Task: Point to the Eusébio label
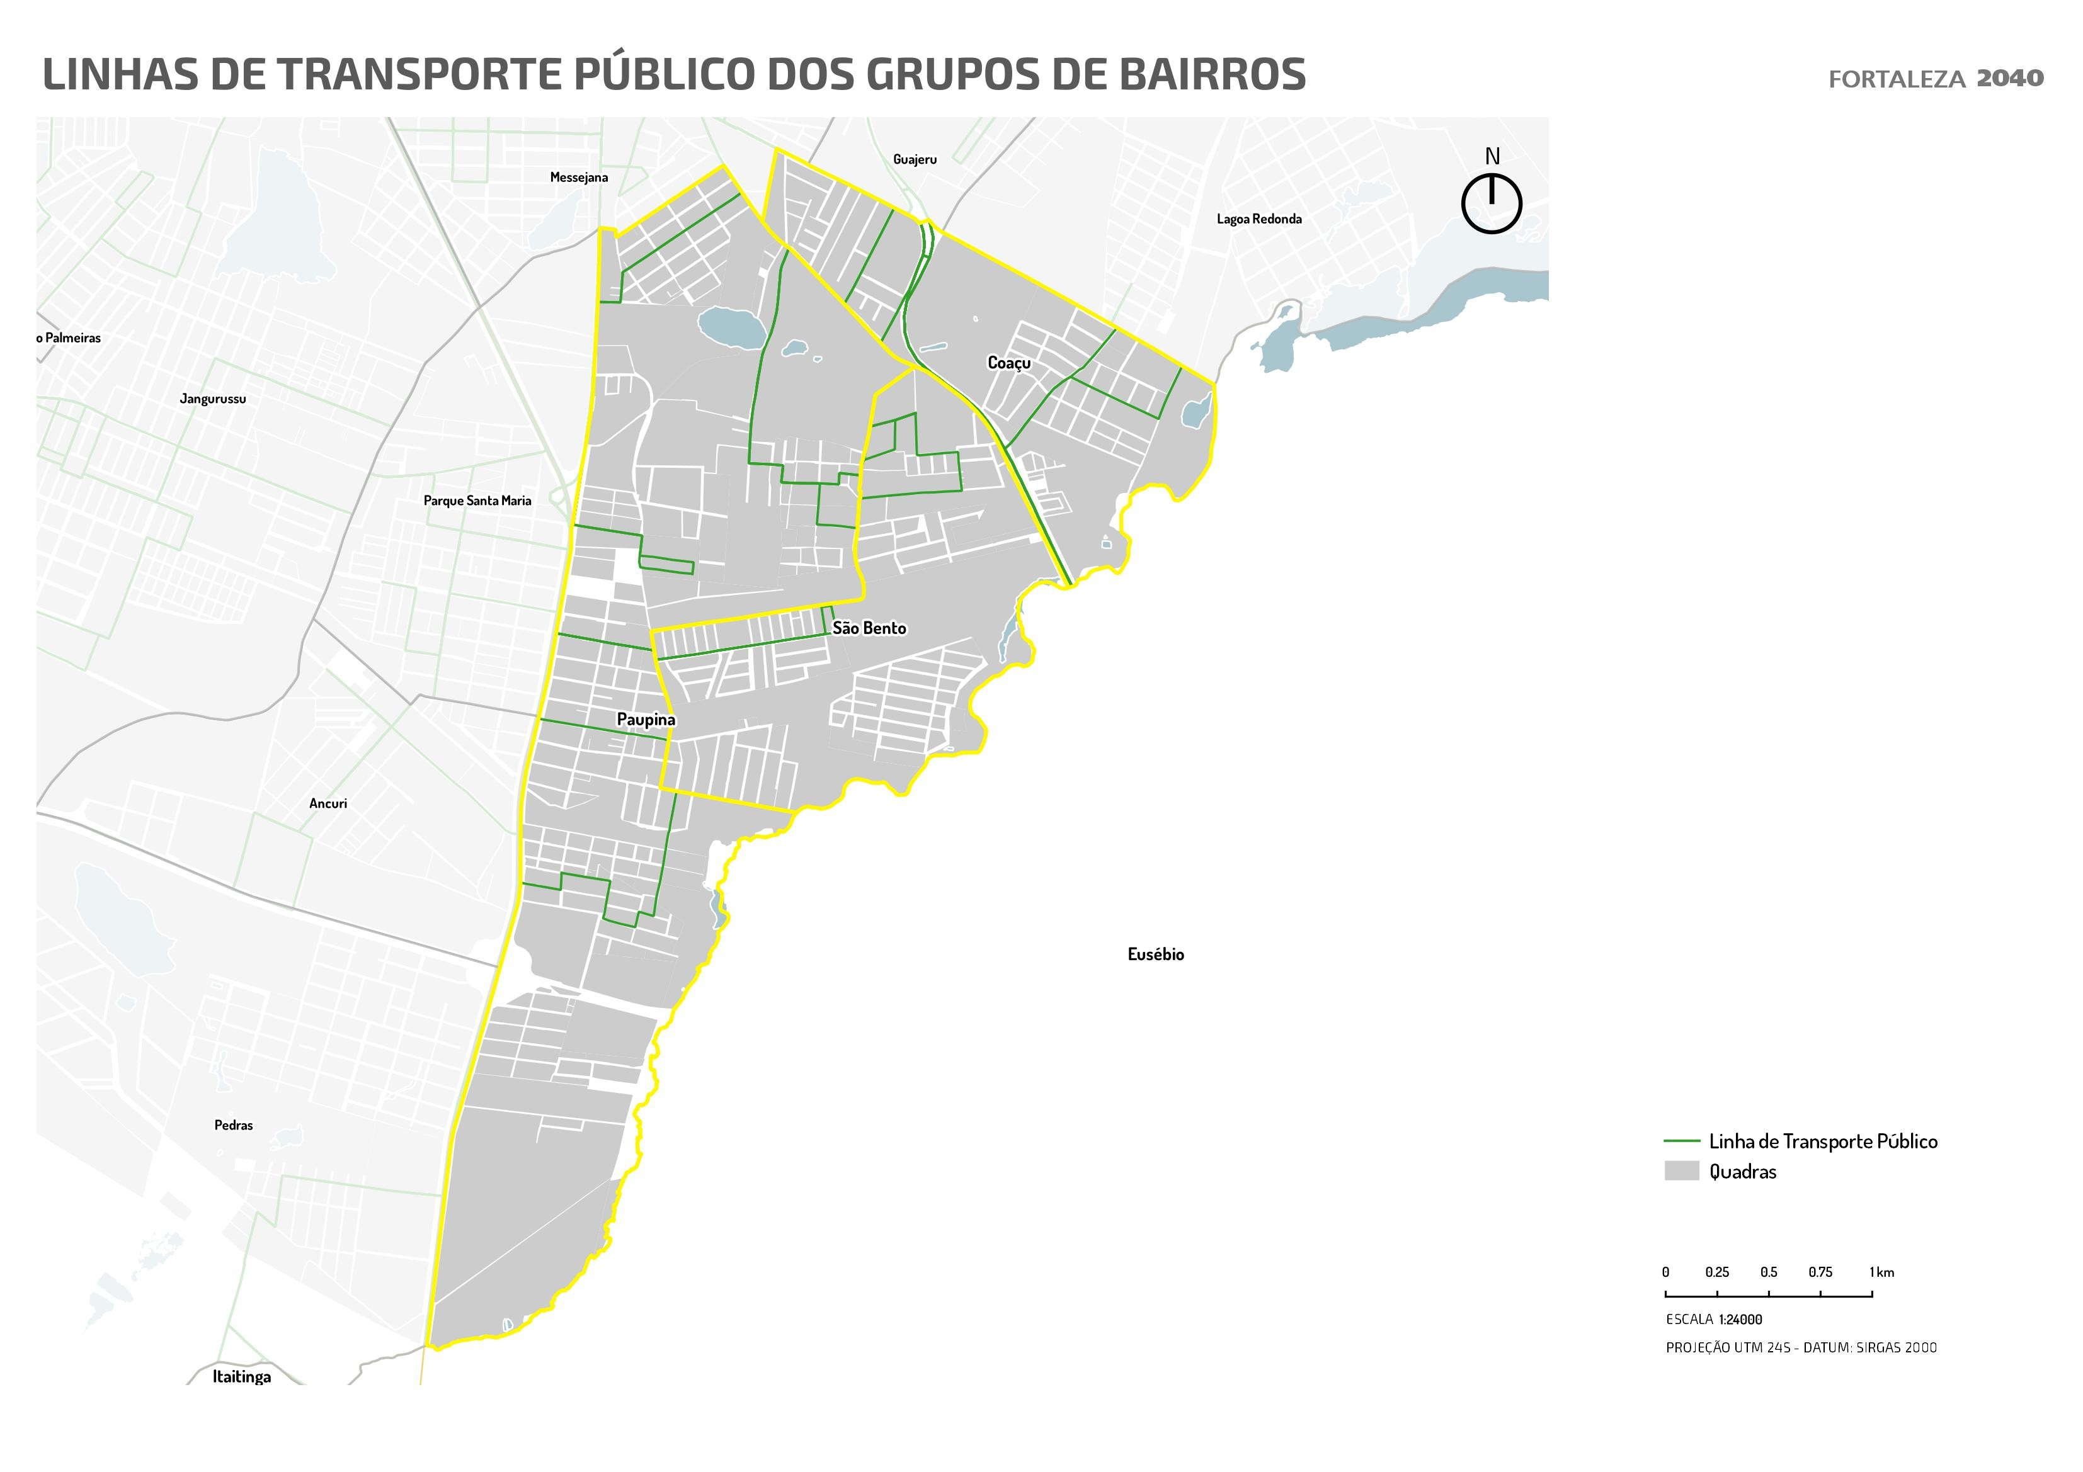[1155, 954]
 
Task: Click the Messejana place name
[579, 177]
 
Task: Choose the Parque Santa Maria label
[477, 501]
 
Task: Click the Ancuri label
[328, 803]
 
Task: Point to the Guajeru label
[915, 160]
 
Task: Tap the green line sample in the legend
[1681, 1141]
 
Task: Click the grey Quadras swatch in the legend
[1681, 1171]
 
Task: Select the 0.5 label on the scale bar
[1768, 1272]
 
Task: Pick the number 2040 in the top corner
[2009, 78]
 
